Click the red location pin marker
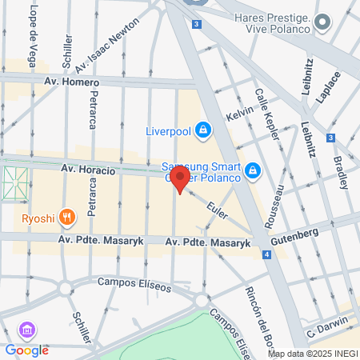(181, 179)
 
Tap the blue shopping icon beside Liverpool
(203, 130)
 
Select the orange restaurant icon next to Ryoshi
(67, 215)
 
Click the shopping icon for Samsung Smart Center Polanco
(252, 170)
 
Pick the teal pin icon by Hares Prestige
(322, 22)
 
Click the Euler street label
(217, 210)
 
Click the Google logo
(26, 350)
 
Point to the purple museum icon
(27, 330)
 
